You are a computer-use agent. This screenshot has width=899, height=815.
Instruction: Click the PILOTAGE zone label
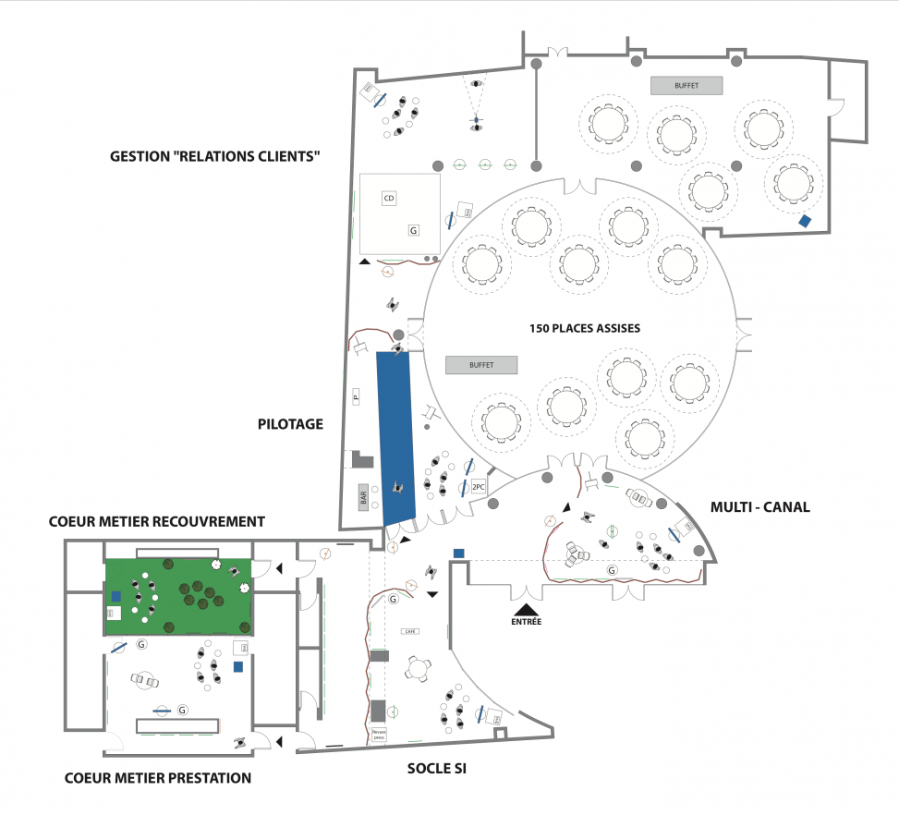(290, 424)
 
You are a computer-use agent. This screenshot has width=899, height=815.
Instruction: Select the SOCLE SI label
(436, 768)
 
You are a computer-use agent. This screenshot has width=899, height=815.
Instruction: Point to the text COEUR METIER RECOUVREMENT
(156, 522)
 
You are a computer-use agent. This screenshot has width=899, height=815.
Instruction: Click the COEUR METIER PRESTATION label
(158, 778)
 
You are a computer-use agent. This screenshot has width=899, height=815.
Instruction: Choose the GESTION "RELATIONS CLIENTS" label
(215, 156)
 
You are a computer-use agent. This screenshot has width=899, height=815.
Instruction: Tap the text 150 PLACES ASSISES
(585, 328)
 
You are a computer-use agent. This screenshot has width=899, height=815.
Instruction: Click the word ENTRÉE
(527, 622)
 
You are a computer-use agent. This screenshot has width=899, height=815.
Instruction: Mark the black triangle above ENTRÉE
(527, 609)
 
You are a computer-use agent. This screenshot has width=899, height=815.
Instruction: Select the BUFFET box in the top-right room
(686, 85)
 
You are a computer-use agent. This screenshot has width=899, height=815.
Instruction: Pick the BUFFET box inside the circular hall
(480, 365)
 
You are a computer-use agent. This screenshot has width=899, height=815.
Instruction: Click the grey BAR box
(363, 496)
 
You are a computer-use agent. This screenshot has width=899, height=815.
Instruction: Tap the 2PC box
(479, 486)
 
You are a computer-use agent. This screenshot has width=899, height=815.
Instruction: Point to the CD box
(389, 199)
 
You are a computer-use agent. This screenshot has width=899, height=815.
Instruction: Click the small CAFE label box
(410, 631)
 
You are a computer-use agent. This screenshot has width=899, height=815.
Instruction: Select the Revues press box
(378, 735)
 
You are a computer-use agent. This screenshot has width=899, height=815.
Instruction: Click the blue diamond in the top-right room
(806, 221)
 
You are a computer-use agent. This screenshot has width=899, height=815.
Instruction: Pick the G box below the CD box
(414, 228)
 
